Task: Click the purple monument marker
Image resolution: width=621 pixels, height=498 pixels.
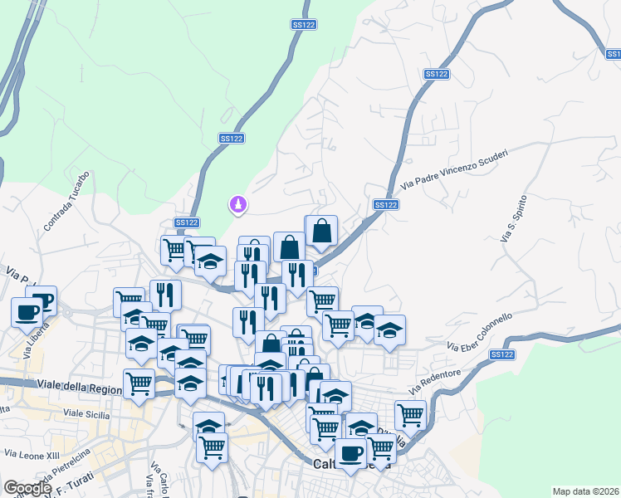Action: (x=238, y=203)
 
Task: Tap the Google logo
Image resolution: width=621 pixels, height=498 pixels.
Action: (x=27, y=488)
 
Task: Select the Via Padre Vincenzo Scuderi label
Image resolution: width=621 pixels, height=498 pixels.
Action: (x=454, y=168)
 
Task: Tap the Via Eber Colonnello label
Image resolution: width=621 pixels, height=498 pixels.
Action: (x=480, y=331)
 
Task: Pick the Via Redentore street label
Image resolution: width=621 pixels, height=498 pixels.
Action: (x=434, y=382)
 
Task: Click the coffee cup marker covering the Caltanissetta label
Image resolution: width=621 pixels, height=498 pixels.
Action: (x=350, y=452)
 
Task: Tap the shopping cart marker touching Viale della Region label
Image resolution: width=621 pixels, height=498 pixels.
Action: (x=139, y=383)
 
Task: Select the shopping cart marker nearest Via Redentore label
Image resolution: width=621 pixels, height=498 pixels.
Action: (x=410, y=413)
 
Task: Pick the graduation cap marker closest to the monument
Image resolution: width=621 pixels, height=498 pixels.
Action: (x=211, y=261)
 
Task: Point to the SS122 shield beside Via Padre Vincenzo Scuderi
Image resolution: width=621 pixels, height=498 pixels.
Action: (x=385, y=204)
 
